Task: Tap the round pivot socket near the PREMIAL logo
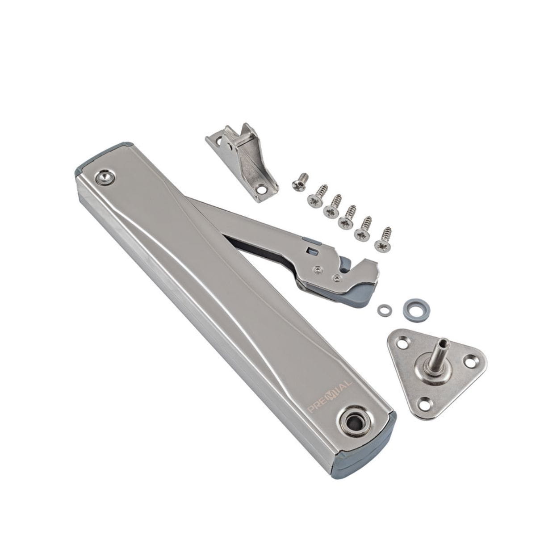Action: coord(352,423)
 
